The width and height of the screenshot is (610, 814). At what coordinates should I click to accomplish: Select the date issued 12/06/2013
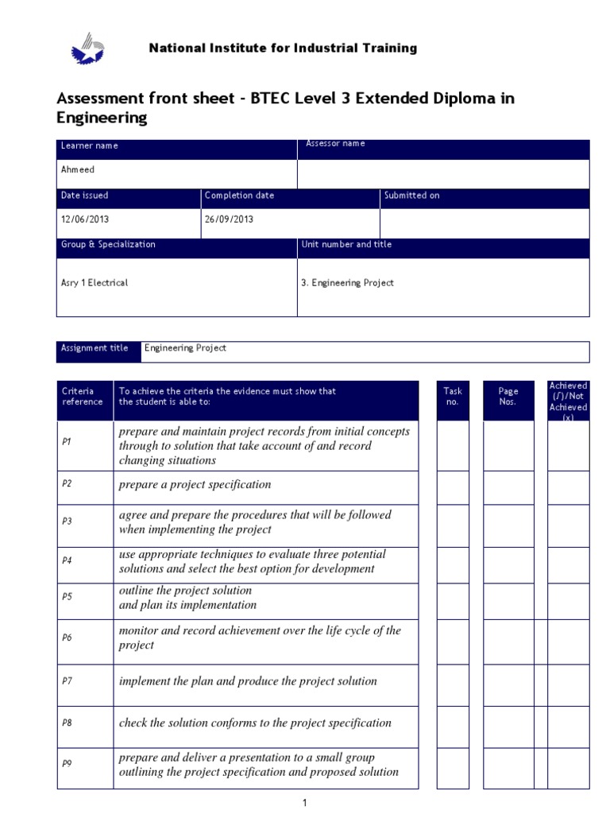click(x=84, y=219)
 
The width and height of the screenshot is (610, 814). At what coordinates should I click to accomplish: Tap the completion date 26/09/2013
click(x=229, y=219)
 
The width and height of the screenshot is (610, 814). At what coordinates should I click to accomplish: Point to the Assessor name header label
click(x=335, y=144)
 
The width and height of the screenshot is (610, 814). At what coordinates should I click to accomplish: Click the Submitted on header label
click(x=411, y=196)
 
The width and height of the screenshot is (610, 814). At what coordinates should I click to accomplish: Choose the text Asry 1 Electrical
click(x=95, y=283)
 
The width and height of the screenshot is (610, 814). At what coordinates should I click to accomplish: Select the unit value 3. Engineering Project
click(x=348, y=283)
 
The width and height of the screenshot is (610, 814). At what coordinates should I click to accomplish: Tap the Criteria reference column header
click(x=83, y=396)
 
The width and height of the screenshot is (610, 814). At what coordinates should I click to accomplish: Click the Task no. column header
click(x=453, y=396)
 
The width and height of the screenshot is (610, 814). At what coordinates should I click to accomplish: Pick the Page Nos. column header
click(x=508, y=396)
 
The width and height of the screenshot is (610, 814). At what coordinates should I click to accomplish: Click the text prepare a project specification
click(x=195, y=484)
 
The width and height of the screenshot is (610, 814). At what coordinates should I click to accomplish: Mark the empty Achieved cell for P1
click(x=569, y=445)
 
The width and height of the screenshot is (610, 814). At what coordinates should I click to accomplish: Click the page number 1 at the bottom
click(x=304, y=804)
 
